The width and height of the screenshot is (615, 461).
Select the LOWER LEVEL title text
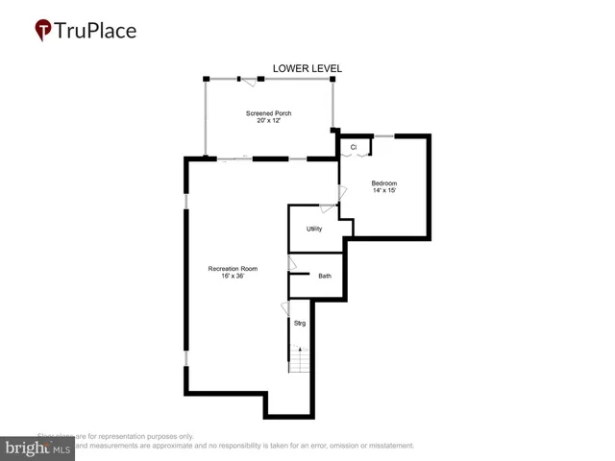pyautogui.click(x=307, y=68)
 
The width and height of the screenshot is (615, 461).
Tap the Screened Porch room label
pyautogui.click(x=269, y=113)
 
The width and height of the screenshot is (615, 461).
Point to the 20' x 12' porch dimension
pyautogui.click(x=269, y=121)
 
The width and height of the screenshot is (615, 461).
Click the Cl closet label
pyautogui.click(x=354, y=147)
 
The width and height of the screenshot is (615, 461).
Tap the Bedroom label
pyautogui.click(x=384, y=182)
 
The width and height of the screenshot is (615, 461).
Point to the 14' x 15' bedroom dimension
pyautogui.click(x=384, y=190)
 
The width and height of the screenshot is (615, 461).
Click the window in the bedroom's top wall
pyautogui.click(x=382, y=136)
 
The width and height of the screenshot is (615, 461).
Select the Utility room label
pyautogui.click(x=314, y=229)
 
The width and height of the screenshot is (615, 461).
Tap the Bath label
pyautogui.click(x=325, y=277)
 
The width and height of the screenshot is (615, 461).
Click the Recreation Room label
pyautogui.click(x=233, y=268)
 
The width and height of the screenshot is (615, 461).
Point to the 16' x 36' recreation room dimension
pyautogui.click(x=233, y=276)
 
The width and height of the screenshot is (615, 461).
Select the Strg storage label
pyautogui.click(x=300, y=323)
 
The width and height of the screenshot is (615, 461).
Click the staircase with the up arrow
pyautogui.click(x=300, y=359)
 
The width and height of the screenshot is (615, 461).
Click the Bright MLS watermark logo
pyautogui.click(x=37, y=449)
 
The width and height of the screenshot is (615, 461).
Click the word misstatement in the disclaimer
pyautogui.click(x=388, y=446)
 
